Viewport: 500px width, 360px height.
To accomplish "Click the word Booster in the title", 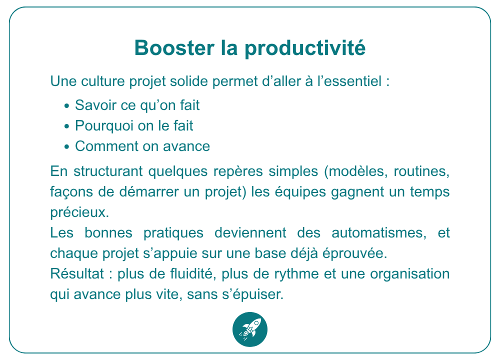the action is click(x=174, y=48).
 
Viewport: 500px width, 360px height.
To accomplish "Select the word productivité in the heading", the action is click(x=305, y=48).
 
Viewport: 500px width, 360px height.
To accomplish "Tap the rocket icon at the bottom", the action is click(x=250, y=329).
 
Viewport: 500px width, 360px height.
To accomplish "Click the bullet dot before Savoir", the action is click(x=66, y=106).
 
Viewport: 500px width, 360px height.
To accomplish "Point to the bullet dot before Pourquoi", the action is click(x=66, y=126).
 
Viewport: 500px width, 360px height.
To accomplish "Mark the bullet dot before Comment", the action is click(x=66, y=147).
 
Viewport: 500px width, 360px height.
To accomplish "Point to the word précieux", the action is click(x=79, y=212).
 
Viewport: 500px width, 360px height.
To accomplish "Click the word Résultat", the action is click(x=77, y=273).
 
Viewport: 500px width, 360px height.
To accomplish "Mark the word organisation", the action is click(x=410, y=274).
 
